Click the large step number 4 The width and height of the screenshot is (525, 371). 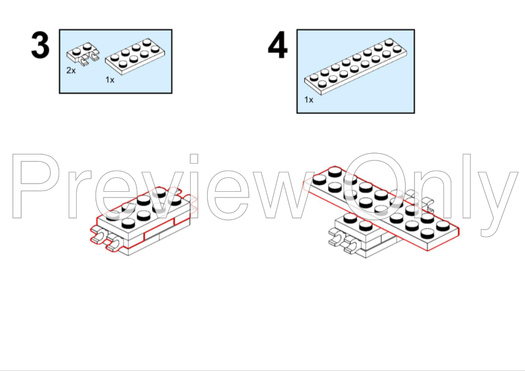point(277,45)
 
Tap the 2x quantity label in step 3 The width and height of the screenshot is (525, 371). point(71,70)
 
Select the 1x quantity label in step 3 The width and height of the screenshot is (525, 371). point(110,80)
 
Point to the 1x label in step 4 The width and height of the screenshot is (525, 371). point(309,100)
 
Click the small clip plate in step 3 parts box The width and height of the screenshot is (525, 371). point(83,53)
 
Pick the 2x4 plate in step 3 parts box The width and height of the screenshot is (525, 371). point(135,57)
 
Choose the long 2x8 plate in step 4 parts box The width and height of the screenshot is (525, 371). point(355,67)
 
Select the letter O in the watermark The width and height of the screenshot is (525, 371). point(374,187)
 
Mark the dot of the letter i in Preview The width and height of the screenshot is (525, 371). point(194,159)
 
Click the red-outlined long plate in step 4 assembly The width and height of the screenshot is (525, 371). point(382,208)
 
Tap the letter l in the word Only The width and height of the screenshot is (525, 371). point(467,186)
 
